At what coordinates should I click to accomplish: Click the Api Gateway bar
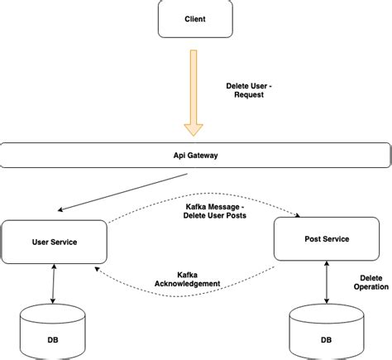click(x=195, y=156)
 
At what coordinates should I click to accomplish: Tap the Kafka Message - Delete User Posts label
click(x=216, y=211)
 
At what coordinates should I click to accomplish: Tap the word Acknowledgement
click(x=188, y=283)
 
